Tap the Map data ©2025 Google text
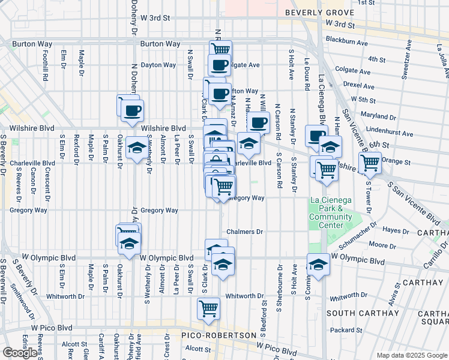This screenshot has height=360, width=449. pyautogui.click(x=411, y=355)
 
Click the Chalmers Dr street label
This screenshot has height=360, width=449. pyautogui.click(x=245, y=232)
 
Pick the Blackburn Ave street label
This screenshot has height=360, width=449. pyautogui.click(x=347, y=43)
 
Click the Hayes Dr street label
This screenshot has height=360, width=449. pyautogui.click(x=396, y=230)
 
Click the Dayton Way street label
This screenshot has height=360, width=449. pyautogui.click(x=158, y=65)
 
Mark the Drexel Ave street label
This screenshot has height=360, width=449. pyautogui.click(x=360, y=85)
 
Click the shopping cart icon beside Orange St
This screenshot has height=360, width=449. pyautogui.click(x=370, y=161)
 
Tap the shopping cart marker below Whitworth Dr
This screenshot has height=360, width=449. pyautogui.click(x=208, y=308)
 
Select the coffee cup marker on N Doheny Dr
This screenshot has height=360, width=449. pyautogui.click(x=132, y=110)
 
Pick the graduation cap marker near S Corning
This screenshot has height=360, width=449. pyautogui.click(x=318, y=263)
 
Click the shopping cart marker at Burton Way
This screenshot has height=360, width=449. pyautogui.click(x=221, y=50)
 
